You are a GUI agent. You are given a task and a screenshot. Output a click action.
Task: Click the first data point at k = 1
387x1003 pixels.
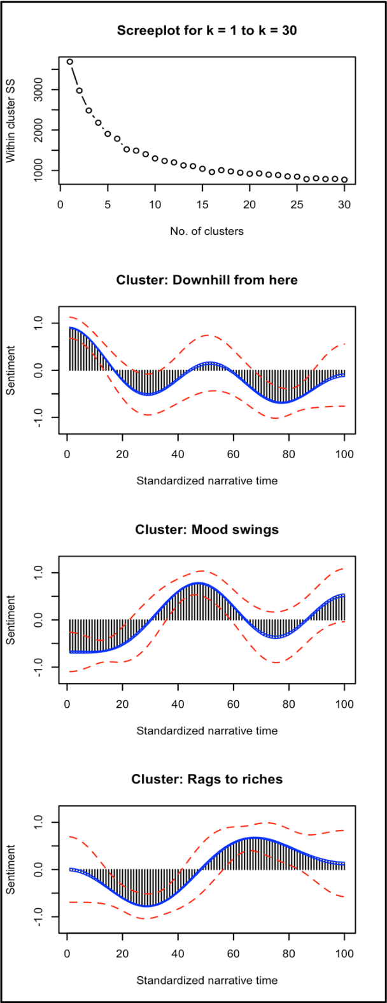click(70, 62)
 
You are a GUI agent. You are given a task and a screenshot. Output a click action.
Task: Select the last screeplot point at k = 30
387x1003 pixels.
click(344, 179)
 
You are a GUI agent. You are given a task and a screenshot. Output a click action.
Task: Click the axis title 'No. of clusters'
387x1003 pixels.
click(206, 231)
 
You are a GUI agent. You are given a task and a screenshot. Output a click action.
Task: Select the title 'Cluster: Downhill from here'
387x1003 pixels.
click(206, 280)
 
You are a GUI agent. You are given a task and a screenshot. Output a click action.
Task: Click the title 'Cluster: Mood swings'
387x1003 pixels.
click(206, 530)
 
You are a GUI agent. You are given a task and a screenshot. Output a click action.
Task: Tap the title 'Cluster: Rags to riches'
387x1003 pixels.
click(206, 779)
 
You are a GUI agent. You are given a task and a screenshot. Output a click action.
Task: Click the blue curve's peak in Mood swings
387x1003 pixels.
click(198, 583)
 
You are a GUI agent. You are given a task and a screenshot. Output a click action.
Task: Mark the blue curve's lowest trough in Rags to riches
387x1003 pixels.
click(147, 905)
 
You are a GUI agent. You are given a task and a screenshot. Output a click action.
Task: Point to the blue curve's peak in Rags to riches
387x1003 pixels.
click(255, 838)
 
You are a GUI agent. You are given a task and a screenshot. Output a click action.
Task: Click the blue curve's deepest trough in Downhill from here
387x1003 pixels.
click(281, 402)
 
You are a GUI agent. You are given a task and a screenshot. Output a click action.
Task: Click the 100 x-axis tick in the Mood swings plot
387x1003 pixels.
click(344, 705)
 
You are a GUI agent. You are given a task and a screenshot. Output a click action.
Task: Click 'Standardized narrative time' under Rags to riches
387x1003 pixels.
click(206, 980)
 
